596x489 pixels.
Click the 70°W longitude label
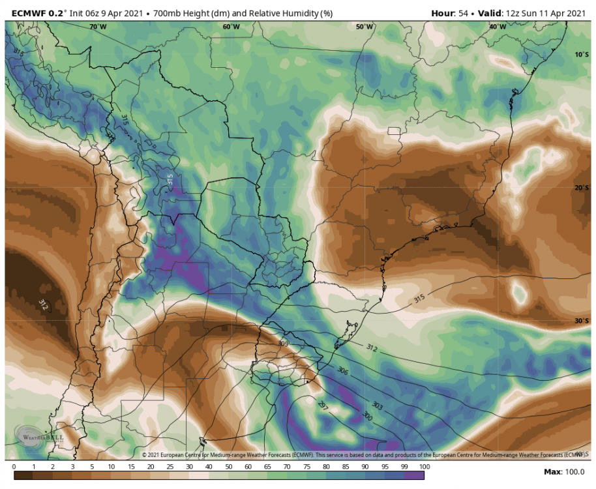98,27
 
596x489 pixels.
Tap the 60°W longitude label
231,27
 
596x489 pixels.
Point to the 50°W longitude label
365,27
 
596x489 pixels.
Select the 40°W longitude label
498,27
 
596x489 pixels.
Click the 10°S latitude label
582,55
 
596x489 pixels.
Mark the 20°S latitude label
582,188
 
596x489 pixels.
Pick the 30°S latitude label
582,321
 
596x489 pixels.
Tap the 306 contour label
343,370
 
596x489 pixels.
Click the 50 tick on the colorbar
229,467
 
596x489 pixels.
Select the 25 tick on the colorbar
170,467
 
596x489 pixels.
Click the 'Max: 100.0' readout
565,471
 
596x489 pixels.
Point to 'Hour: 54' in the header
451,12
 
